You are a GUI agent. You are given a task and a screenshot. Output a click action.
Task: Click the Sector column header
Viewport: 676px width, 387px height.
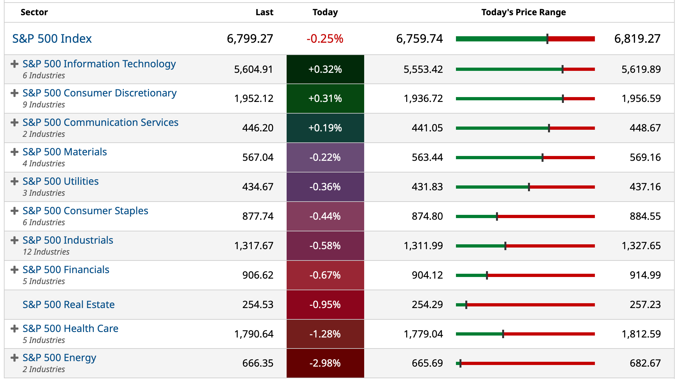point(34,12)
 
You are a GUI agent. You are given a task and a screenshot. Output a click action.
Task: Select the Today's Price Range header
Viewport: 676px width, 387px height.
point(523,12)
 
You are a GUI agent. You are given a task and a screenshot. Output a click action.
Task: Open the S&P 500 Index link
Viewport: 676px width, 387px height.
point(52,39)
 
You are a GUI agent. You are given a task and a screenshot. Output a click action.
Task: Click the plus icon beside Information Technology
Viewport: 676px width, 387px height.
point(15,64)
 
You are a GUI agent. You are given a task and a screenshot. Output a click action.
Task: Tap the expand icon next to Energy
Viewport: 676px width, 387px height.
point(15,358)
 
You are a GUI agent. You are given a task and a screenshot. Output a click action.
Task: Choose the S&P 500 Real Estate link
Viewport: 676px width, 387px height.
point(69,304)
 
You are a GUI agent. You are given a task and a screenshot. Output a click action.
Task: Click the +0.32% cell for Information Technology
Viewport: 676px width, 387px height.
point(325,69)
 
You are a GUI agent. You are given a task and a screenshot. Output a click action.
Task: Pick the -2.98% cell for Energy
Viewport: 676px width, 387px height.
point(325,363)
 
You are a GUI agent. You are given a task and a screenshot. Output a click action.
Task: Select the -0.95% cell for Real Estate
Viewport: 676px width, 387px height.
point(325,304)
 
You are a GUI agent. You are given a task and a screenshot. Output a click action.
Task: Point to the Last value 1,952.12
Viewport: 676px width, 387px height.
point(254,98)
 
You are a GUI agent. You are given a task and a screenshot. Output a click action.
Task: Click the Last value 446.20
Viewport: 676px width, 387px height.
point(258,128)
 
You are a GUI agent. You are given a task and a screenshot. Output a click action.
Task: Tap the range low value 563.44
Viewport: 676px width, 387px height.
point(427,157)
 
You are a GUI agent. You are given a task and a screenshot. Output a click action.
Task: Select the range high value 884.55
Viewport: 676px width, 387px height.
point(645,216)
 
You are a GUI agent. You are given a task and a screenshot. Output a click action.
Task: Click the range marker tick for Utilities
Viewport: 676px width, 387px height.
point(529,187)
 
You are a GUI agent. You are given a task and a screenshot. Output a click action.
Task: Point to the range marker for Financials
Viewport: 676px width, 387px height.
point(487,275)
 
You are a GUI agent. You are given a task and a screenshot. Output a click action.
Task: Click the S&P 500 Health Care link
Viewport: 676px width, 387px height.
point(70,328)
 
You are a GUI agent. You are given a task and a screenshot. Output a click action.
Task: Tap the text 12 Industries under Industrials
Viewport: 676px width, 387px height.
point(46,252)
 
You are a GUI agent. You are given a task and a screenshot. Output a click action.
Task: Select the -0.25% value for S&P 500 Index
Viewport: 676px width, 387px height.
point(325,39)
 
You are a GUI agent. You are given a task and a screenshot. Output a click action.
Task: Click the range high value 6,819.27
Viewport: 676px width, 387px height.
point(637,39)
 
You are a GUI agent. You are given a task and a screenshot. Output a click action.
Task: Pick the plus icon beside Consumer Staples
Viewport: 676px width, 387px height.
point(15,211)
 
